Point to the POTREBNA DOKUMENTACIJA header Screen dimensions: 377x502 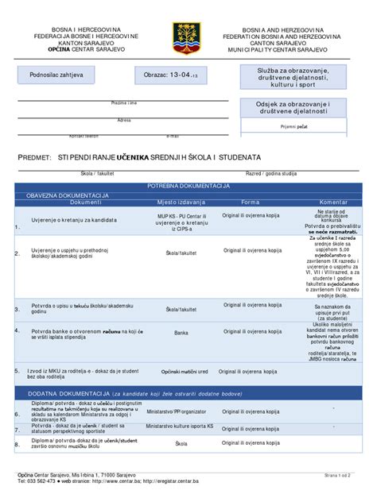pos(188,184)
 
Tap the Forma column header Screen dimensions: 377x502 pos(250,203)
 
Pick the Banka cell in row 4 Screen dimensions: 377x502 pos(181,333)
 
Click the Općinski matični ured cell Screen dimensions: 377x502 pos(185,372)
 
